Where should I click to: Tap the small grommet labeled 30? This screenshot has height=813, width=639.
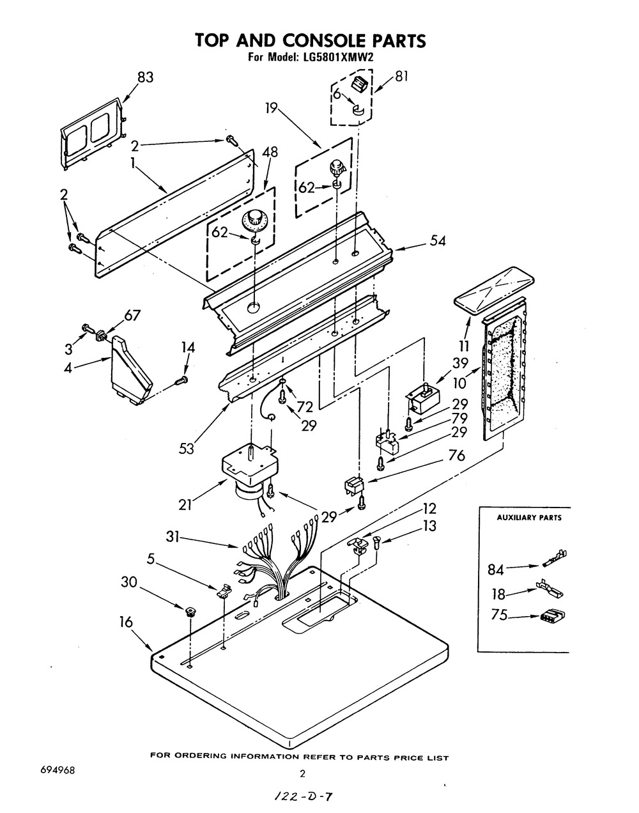pyautogui.click(x=190, y=612)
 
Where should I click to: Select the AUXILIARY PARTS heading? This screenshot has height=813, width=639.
pyautogui.click(x=529, y=518)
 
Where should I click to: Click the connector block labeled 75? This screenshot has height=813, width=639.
pyautogui.click(x=553, y=617)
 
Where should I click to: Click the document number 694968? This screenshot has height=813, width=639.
pyautogui.click(x=58, y=771)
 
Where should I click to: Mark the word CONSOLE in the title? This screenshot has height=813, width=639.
pyautogui.click(x=310, y=41)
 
